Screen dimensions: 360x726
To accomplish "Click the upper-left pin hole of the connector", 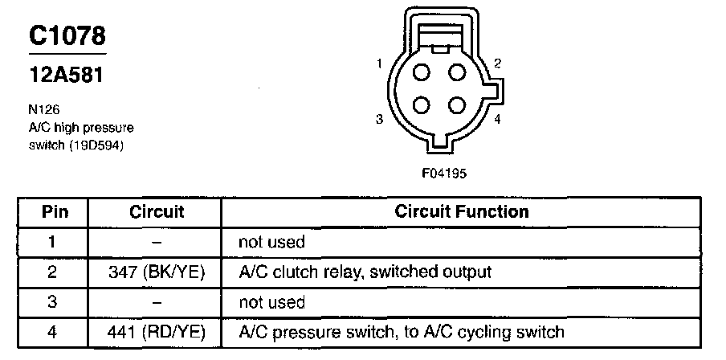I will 421,72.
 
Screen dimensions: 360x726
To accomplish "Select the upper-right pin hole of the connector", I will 457,72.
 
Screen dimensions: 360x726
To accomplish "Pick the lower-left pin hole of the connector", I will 421,106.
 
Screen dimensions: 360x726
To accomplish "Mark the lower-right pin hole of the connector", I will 457,106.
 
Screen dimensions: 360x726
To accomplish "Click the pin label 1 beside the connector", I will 377,63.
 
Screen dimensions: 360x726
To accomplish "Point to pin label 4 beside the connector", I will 498,121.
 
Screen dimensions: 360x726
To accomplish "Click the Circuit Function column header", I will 462,212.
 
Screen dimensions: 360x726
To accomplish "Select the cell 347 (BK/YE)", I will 157,272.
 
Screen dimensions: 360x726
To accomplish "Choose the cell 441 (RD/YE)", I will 157,331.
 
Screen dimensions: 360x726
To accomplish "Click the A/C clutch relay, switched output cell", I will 365,272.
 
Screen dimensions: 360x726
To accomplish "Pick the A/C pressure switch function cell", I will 402,331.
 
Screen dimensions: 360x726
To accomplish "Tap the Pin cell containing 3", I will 54,301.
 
